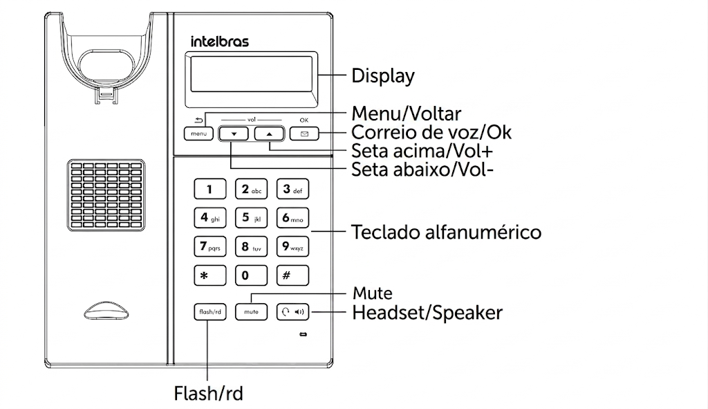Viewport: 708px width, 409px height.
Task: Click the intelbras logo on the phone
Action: coord(219,42)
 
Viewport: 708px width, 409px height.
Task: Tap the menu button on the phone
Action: coord(198,134)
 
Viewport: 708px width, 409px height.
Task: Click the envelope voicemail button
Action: coord(304,134)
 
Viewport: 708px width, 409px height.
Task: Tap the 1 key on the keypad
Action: coord(210,189)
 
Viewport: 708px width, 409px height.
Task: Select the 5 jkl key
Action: coord(251,218)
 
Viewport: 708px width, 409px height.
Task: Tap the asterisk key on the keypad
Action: coord(210,275)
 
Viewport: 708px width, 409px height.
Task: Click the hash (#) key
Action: coord(292,275)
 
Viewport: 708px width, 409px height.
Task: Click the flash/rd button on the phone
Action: coord(210,312)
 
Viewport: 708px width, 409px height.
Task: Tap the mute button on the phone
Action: coord(251,312)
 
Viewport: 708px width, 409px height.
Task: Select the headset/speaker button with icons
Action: coord(292,312)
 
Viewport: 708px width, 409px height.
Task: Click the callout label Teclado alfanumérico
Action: coord(446,233)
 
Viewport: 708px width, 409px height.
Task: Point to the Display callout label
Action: coord(383,76)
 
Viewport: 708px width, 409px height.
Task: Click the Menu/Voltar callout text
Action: coord(407,113)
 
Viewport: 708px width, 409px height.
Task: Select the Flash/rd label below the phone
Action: coord(209,394)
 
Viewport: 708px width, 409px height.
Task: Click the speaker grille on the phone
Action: coord(106,195)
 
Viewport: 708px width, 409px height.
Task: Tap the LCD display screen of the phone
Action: coord(251,75)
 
